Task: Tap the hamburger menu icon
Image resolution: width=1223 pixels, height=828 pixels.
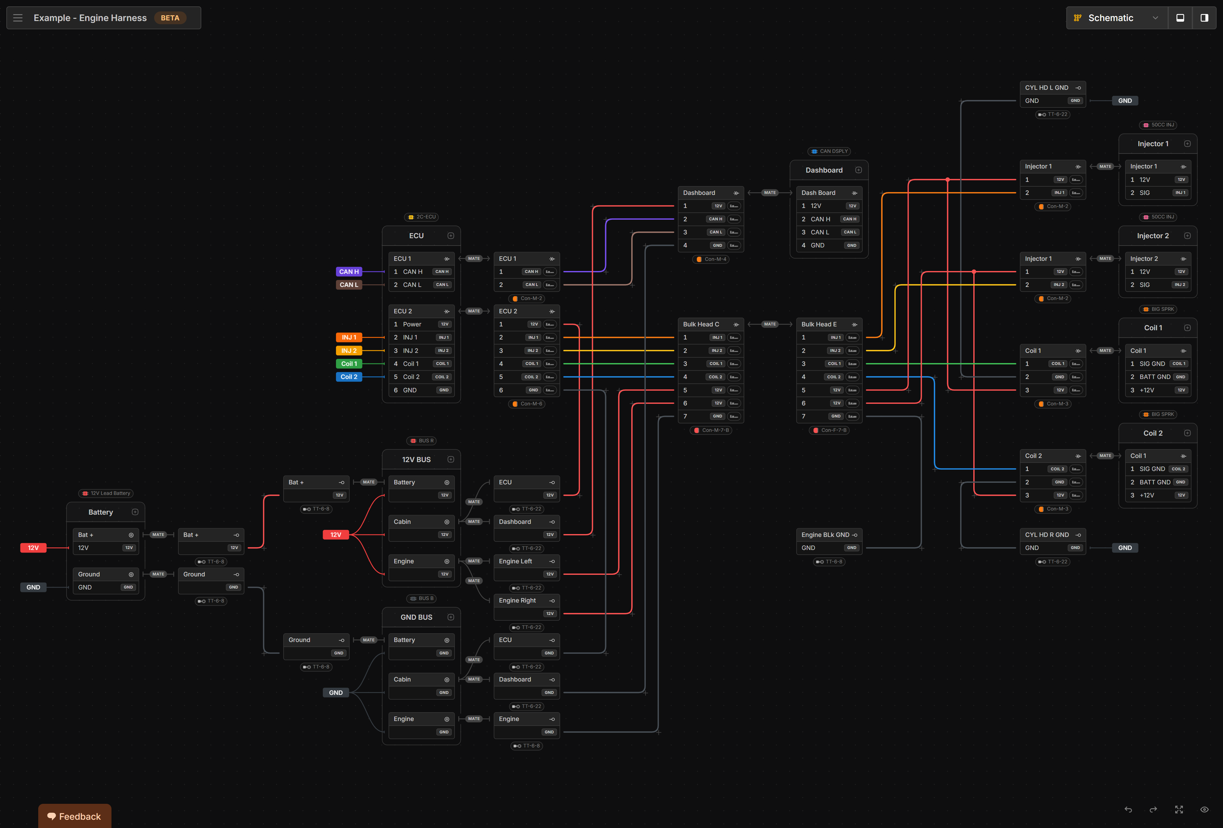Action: (x=18, y=18)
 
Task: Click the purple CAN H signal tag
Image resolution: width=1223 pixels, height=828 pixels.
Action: (x=349, y=271)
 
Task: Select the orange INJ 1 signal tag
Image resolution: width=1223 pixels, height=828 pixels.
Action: (x=349, y=337)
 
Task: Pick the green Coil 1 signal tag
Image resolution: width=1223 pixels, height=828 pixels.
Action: (x=349, y=363)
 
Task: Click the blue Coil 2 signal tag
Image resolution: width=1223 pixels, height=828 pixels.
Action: (x=349, y=377)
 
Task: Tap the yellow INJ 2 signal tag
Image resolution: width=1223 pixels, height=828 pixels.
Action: (x=349, y=350)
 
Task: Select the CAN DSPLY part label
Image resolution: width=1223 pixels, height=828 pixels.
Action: (x=829, y=151)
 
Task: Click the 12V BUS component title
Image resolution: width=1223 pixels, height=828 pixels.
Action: (x=416, y=459)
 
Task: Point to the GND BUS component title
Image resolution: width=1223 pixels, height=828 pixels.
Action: (x=416, y=617)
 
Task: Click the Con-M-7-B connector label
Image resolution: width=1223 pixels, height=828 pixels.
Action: (x=712, y=430)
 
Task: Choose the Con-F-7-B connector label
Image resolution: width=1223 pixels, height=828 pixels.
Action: (x=830, y=430)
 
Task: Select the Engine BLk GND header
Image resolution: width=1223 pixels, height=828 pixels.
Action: (x=825, y=534)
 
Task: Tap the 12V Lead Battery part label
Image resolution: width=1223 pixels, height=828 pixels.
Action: (x=106, y=493)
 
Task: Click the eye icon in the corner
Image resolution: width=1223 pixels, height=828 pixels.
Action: (x=1204, y=810)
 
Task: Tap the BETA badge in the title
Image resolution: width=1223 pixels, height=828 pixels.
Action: (x=170, y=18)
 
